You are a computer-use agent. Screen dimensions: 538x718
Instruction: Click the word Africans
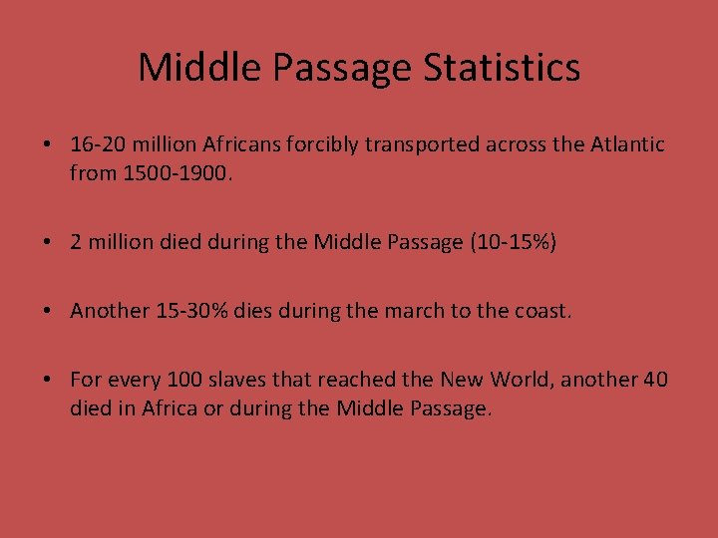(x=241, y=144)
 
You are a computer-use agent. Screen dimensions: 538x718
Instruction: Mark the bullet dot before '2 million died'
(x=48, y=242)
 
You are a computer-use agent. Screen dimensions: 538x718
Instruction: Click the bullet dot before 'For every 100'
(x=48, y=380)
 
